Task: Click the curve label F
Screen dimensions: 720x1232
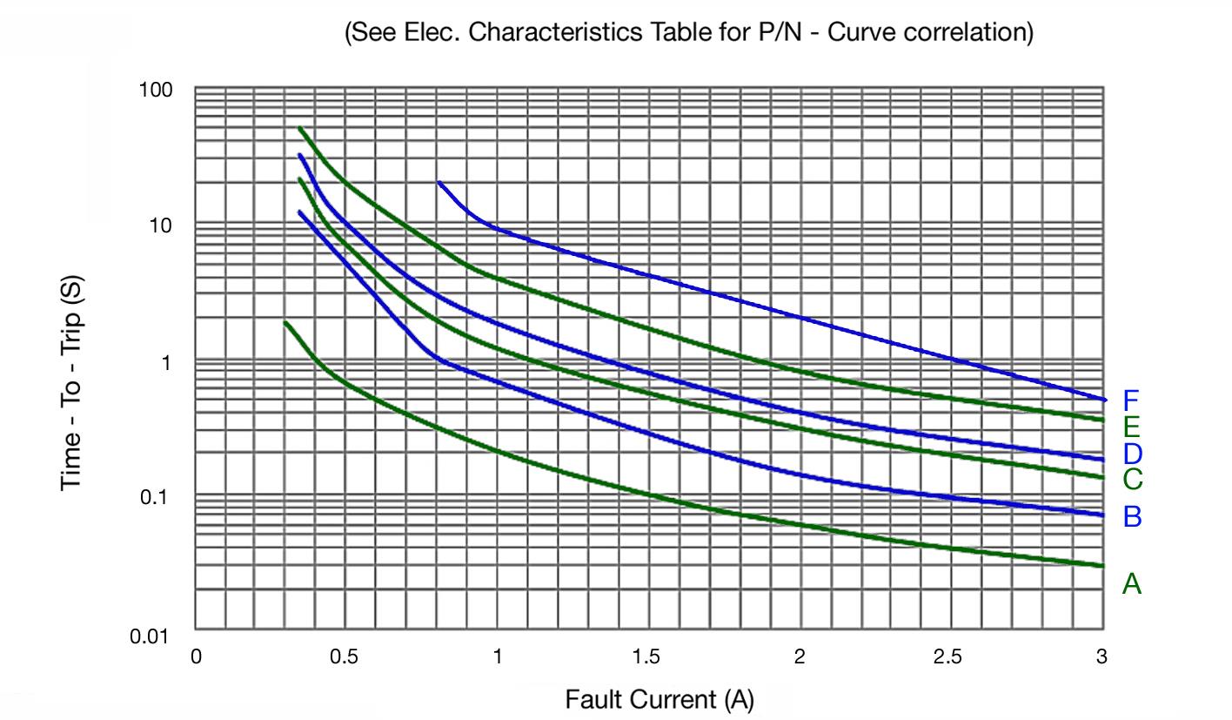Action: click(x=1131, y=400)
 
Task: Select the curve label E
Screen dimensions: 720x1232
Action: click(x=1131, y=427)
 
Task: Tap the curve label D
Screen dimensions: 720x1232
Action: click(x=1131, y=453)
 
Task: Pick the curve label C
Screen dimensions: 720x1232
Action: click(x=1131, y=479)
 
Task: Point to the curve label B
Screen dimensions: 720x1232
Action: click(x=1131, y=516)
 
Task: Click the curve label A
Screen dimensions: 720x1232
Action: click(x=1131, y=583)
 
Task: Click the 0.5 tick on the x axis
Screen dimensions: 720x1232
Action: click(x=344, y=657)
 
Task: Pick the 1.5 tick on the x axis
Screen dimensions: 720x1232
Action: click(x=646, y=657)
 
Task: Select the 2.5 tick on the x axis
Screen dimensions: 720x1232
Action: click(x=947, y=657)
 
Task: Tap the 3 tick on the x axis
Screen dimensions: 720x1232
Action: click(x=1101, y=657)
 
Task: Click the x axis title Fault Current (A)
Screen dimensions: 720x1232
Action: click(x=660, y=699)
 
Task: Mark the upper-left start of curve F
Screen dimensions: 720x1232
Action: click(x=439, y=183)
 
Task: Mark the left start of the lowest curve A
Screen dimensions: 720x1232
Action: click(x=285, y=323)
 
